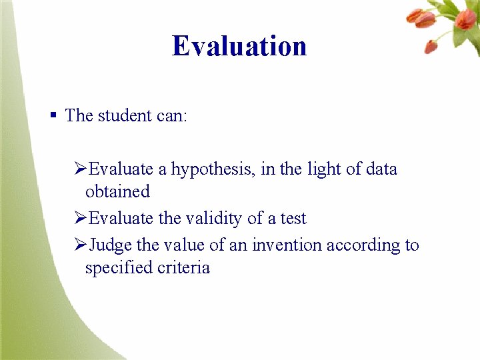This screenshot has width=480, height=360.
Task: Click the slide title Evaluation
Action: pos(239,46)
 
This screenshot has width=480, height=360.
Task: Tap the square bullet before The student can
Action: pos(53,115)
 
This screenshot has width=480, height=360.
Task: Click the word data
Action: pos(381,169)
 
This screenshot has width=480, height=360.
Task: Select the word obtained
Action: pos(117,192)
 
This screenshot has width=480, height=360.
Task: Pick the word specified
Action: pos(117,268)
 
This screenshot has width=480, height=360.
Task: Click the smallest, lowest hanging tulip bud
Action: pos(431,46)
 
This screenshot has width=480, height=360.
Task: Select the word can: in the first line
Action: pos(171,115)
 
